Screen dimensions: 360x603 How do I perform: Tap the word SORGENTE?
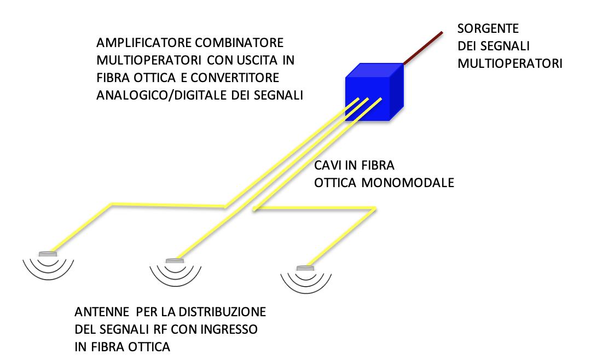pos(488,28)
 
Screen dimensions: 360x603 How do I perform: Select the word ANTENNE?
pos(100,312)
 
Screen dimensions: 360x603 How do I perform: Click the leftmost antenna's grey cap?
pos(48,253)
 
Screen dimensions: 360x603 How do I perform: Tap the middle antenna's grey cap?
pos(175,262)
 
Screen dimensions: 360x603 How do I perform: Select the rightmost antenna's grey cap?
pos(303,268)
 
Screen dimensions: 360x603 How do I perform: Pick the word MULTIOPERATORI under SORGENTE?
pos(509,63)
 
